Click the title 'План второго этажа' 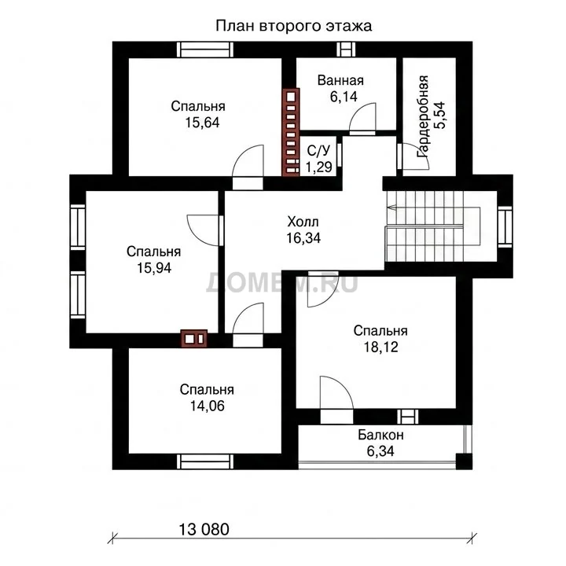pos(293,27)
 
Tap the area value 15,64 pos(202,123)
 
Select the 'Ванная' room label pos(340,80)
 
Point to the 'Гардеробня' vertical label pos(423,116)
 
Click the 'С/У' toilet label pos(318,151)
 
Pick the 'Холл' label pos(303,222)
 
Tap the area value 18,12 pos(380,347)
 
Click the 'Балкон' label pos(380,435)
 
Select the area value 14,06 pos(208,406)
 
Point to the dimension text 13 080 pos(204,530)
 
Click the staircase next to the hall pos(433,226)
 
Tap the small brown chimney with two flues pos(194,339)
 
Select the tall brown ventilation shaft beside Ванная pos(291,132)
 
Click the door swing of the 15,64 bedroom pos(242,153)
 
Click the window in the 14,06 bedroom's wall pos(205,461)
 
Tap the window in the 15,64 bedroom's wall pos(205,50)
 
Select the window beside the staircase pos(505,227)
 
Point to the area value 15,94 pos(154,268)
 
